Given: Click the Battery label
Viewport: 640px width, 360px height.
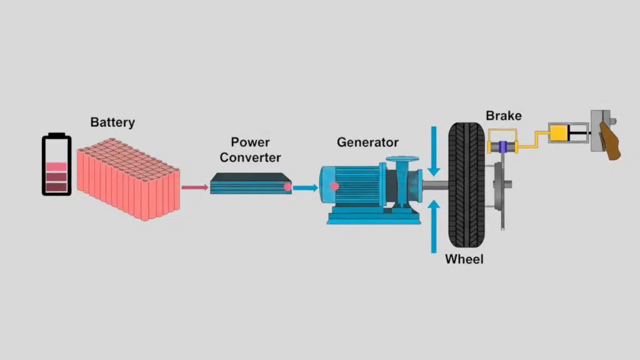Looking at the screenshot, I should [x=112, y=122].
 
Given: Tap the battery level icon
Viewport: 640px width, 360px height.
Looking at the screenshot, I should [x=56, y=164].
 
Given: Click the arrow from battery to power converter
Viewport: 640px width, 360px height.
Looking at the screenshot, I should [x=194, y=187].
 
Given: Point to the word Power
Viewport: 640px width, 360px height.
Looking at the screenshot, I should [x=250, y=142].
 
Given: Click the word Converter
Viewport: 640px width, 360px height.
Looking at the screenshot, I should [x=250, y=157].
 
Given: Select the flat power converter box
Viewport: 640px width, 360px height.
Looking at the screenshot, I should [x=250, y=184].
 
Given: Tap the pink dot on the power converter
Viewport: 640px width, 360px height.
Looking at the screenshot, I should [x=287, y=187].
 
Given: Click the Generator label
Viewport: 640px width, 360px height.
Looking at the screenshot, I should [x=367, y=142].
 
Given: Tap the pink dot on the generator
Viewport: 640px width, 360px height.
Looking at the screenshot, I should [x=334, y=186].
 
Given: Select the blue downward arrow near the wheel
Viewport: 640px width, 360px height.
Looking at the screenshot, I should [x=434, y=150].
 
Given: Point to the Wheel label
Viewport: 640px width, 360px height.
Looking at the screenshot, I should [x=464, y=259].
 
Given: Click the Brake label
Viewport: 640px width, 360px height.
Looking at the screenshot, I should [x=503, y=116].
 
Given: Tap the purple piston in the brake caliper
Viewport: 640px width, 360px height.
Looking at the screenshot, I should [x=502, y=147].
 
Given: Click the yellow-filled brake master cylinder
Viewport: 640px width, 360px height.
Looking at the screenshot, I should [x=560, y=133].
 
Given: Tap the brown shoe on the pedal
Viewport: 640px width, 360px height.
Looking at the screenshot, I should [x=611, y=141].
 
